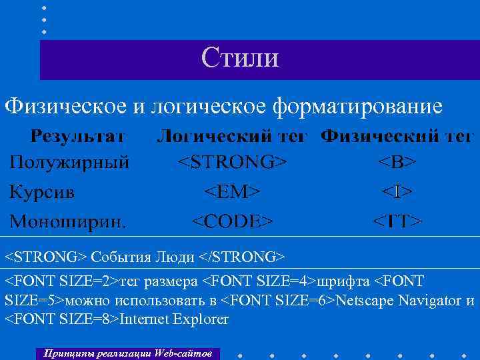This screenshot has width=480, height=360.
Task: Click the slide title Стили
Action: pyautogui.click(x=240, y=57)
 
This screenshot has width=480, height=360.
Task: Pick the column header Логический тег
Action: pyautogui.click(x=231, y=137)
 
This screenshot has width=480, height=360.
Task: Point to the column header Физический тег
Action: pyautogui.click(x=397, y=137)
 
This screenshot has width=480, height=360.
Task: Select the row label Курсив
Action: pyautogui.click(x=41, y=192)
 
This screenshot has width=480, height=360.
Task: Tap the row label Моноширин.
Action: pyautogui.click(x=66, y=221)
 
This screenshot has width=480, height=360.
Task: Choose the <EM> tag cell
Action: pyautogui.click(x=231, y=192)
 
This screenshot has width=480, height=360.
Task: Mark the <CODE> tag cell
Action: pyautogui.click(x=232, y=221)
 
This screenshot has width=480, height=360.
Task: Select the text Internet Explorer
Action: pyautogui.click(x=173, y=319)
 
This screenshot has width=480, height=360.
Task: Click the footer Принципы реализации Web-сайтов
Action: pyautogui.click(x=127, y=353)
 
